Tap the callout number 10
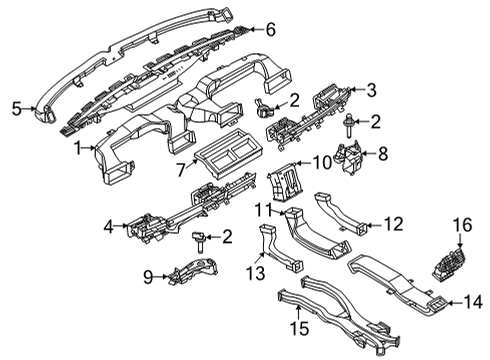[x=323, y=161]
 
